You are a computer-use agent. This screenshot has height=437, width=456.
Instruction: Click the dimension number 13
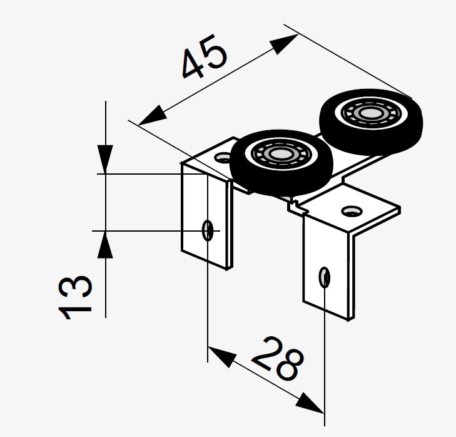point(75,297)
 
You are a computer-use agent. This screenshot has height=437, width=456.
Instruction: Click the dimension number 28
point(278,358)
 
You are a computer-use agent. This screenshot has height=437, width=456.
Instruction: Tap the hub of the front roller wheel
point(281,154)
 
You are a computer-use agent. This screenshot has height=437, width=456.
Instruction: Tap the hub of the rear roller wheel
point(370,113)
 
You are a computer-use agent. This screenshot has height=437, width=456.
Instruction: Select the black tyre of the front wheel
point(281,163)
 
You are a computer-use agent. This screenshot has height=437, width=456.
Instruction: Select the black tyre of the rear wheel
point(371,122)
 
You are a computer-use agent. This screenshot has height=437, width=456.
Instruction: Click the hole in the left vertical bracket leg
point(208,230)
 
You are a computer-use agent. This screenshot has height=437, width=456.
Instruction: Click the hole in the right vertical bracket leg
point(324,277)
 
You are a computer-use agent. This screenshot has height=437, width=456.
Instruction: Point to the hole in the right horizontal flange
point(352,211)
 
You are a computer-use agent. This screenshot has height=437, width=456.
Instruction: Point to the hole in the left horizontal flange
point(223,158)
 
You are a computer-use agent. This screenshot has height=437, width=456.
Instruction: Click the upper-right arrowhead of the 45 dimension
point(284,44)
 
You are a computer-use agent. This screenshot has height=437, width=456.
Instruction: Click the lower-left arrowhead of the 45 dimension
point(153,115)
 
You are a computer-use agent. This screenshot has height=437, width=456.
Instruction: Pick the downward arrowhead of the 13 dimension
point(105,159)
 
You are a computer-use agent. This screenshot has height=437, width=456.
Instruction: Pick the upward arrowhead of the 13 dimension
point(105,245)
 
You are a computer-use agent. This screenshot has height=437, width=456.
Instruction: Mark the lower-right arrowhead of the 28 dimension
point(310,403)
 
